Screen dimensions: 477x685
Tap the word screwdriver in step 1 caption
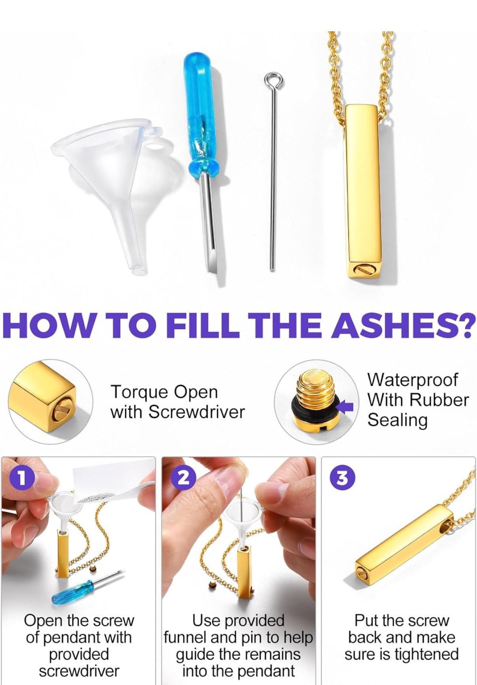79,671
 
